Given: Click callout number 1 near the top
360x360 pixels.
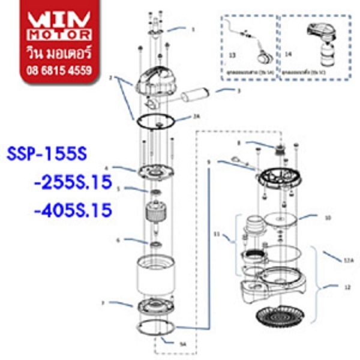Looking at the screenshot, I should tap(193, 29).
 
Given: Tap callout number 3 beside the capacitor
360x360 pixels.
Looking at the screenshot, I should tap(238, 91).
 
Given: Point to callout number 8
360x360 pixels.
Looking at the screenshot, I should tap(239, 143).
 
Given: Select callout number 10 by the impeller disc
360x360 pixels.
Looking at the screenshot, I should tap(328, 218).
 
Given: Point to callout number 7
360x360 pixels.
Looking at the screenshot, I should tap(103, 304).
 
